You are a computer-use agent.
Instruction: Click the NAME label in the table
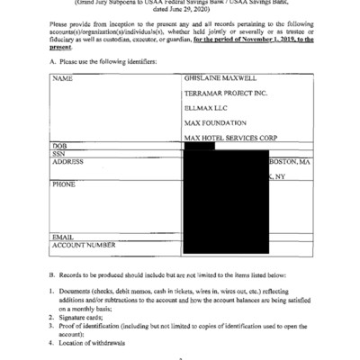[62, 79]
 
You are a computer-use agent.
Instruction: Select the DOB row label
[60, 145]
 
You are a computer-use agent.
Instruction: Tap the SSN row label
[60, 153]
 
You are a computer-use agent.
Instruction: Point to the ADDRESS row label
[68, 161]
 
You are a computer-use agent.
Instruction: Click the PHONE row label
[63, 184]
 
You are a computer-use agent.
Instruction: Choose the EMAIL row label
[62, 236]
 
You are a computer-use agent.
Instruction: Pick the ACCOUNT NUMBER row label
[83, 245]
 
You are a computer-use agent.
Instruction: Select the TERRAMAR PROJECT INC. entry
[226, 93]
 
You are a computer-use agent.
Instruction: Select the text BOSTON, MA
[290, 161]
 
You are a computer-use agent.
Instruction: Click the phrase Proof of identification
[93, 327]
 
